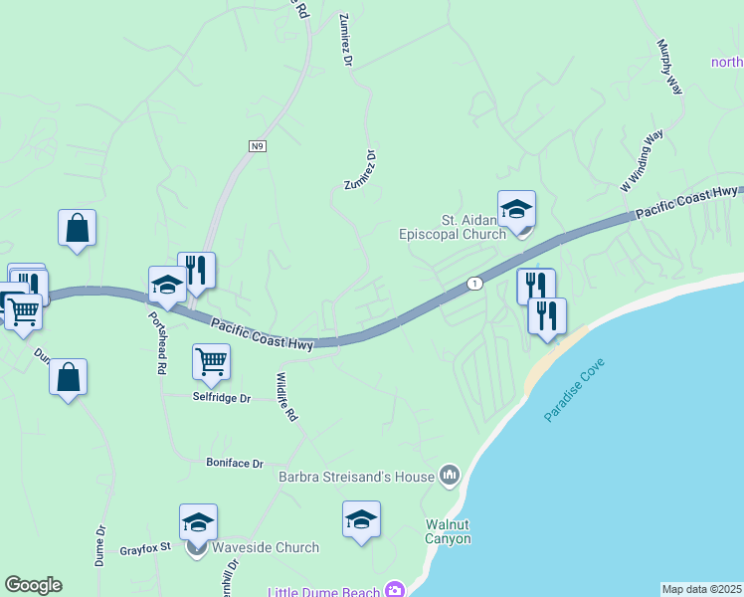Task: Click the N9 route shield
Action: [258, 146]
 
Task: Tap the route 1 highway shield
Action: [475, 283]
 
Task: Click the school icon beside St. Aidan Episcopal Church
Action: [516, 210]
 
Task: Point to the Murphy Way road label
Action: [669, 68]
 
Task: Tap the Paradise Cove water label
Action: [576, 386]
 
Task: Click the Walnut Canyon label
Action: [448, 531]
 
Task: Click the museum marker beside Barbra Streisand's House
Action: [450, 477]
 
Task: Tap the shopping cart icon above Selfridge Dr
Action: [211, 362]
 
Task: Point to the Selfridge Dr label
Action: [221, 397]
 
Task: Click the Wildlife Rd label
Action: [285, 397]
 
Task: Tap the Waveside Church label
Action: [266, 547]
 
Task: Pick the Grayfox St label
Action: [146, 547]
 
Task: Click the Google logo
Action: [33, 585]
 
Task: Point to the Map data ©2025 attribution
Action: [701, 589]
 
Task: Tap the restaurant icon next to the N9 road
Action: [197, 270]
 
